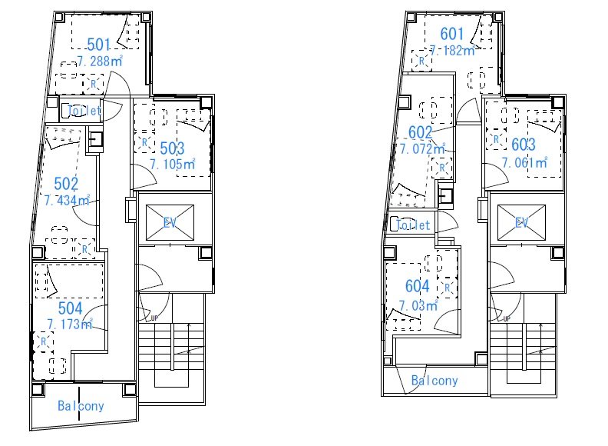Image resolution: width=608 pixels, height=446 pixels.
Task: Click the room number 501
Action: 99,45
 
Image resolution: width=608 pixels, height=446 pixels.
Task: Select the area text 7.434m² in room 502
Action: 67,200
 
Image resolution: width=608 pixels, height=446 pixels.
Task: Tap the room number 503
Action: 172,148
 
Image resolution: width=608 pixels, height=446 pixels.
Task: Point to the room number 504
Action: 70,308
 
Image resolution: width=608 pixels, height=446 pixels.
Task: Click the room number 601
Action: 452,34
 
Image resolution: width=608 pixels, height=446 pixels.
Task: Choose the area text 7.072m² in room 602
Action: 423,148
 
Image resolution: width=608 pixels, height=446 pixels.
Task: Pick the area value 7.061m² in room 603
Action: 524,162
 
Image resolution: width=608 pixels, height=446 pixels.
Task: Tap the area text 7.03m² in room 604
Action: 419,305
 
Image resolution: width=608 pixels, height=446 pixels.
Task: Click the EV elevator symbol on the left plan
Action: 170,222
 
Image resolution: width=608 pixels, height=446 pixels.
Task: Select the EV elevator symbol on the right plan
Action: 521,222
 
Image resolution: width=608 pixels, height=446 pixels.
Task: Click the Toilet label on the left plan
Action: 84,111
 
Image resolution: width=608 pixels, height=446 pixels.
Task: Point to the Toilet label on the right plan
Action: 413,225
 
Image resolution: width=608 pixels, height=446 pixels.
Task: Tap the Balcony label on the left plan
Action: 81,406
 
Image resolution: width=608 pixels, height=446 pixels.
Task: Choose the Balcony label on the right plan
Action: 435,381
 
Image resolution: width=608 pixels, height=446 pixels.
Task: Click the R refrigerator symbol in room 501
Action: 93,84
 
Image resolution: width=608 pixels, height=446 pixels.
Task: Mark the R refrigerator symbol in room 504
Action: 44,341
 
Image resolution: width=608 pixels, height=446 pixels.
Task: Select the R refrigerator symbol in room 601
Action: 422,61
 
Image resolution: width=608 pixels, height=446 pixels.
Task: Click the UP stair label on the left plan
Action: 154,318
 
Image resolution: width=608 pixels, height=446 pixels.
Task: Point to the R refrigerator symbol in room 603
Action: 496,139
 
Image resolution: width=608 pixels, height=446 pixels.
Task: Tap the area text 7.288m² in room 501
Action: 100,61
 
